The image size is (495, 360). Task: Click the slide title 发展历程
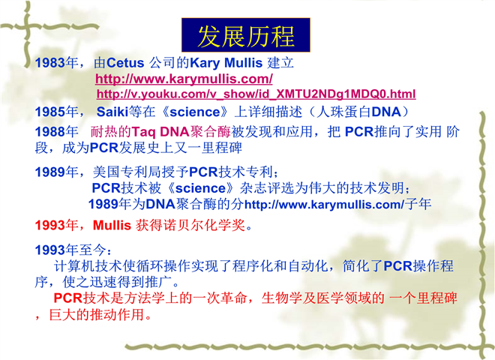click(246, 36)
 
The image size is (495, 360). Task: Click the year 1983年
click(56, 62)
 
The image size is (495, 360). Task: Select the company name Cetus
click(125, 62)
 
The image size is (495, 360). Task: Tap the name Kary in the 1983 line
click(205, 63)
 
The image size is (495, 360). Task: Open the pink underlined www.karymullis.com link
click(184, 79)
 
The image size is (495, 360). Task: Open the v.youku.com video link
click(256, 94)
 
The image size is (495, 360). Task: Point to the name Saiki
click(112, 112)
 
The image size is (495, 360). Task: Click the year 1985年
click(56, 112)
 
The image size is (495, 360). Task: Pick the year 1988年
click(56, 131)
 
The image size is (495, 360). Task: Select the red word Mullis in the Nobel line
click(112, 225)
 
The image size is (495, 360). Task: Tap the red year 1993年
click(56, 225)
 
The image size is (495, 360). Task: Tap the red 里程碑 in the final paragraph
click(436, 298)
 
